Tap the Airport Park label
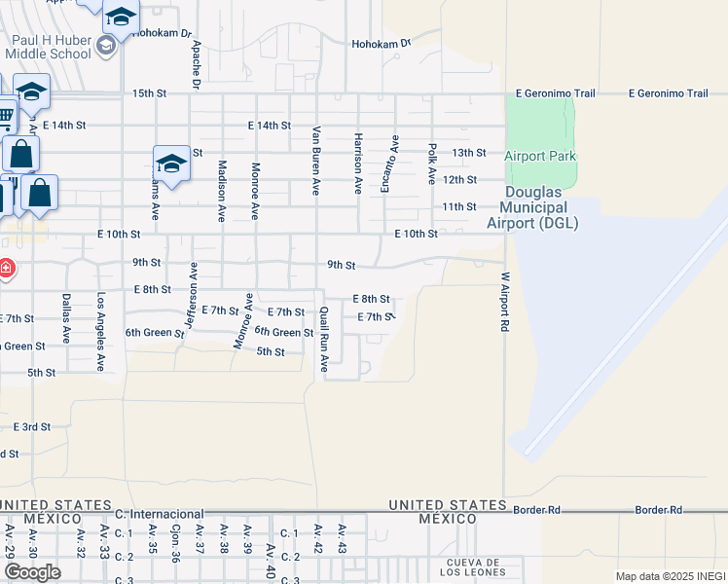[x=540, y=156]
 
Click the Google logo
[x=32, y=571]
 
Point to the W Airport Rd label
[x=505, y=303]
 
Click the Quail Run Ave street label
[x=324, y=340]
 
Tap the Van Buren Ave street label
[x=316, y=161]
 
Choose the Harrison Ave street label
[x=358, y=163]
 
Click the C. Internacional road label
[x=159, y=513]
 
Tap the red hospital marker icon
[x=5, y=267]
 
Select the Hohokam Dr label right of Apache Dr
[x=382, y=43]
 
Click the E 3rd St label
[x=31, y=426]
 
